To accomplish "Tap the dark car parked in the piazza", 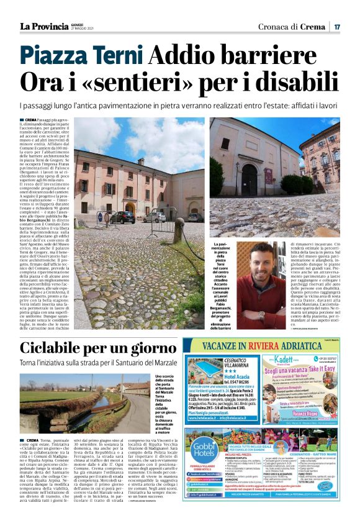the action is tap(124, 216).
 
